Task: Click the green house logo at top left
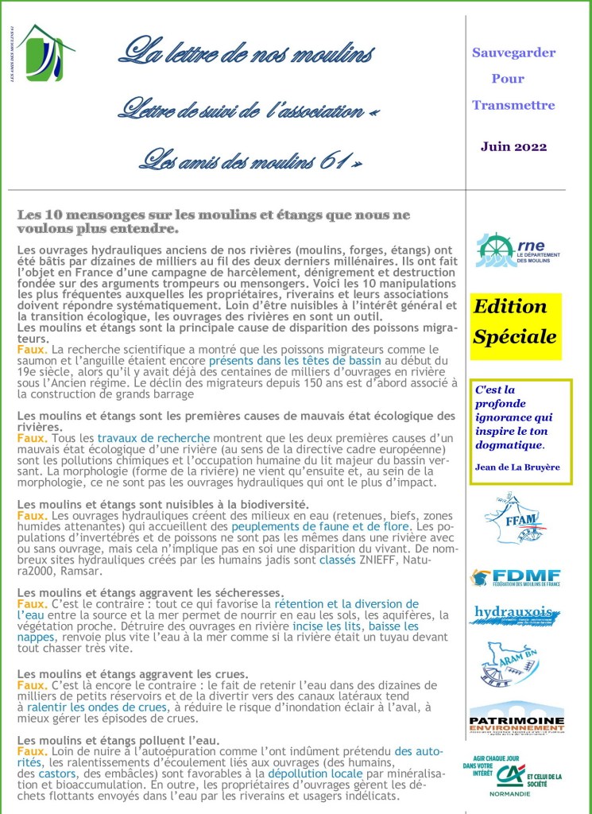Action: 45,53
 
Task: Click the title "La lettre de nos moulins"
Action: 246,52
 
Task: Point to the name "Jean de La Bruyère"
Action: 517,467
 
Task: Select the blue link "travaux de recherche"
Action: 153,437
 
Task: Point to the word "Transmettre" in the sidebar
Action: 513,105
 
